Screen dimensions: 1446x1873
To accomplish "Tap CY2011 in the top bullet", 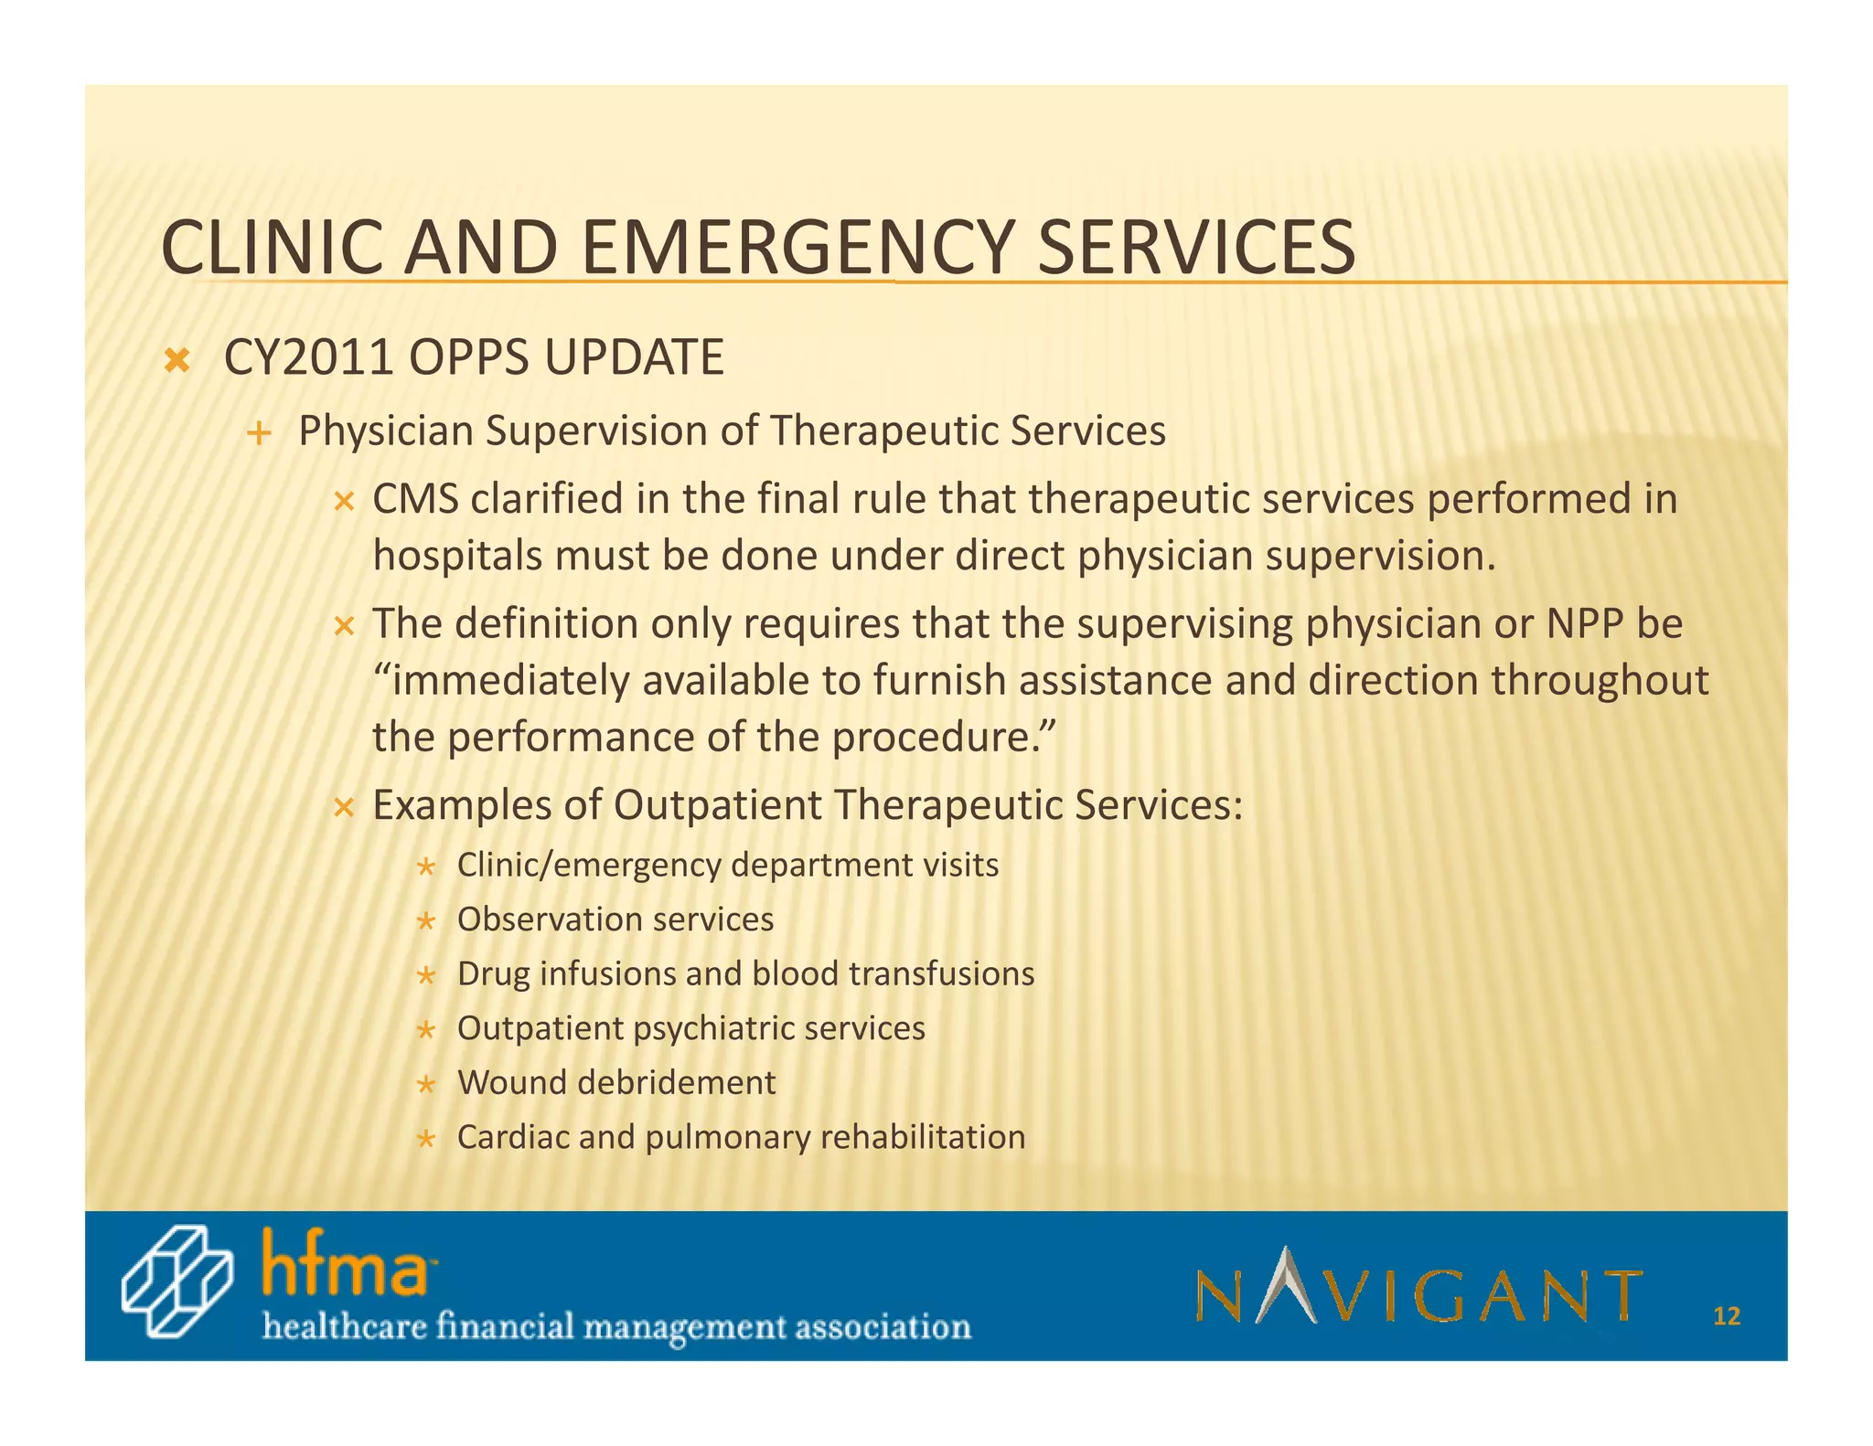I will (x=308, y=357).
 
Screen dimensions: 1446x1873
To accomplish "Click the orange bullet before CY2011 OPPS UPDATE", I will (x=177, y=360).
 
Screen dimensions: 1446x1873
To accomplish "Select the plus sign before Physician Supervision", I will (x=260, y=433).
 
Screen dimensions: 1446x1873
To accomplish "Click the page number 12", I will (x=1726, y=1317).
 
